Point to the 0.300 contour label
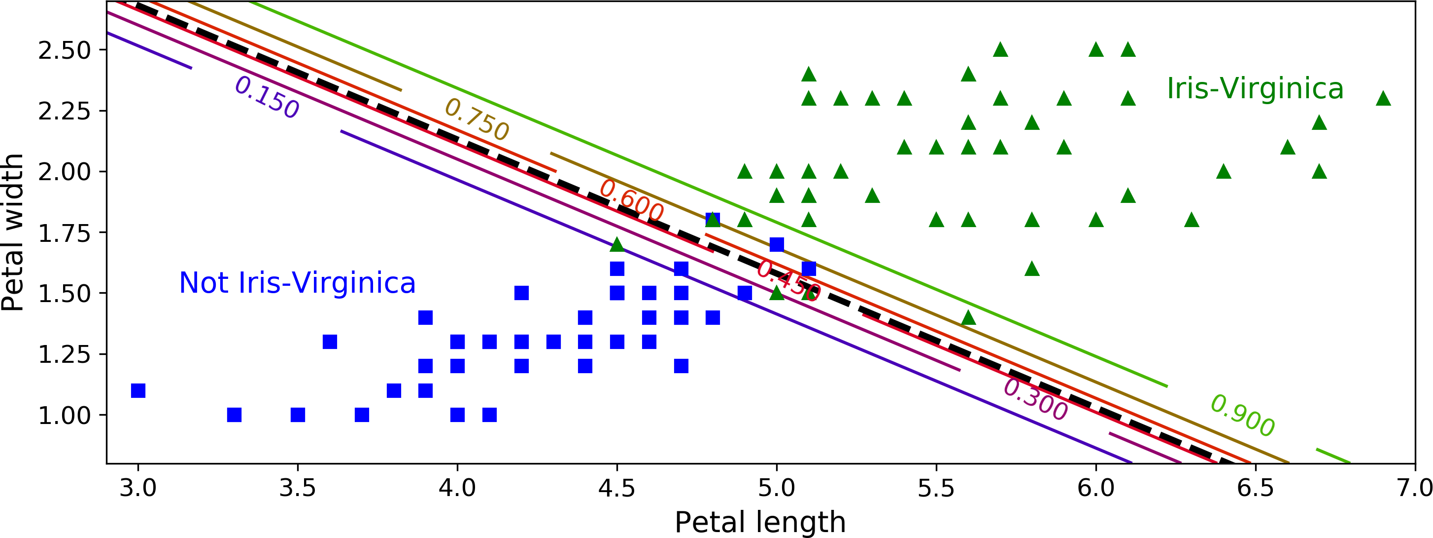point(1036,400)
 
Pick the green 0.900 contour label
point(1243,416)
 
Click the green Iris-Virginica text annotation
point(1255,88)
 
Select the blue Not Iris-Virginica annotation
point(297,283)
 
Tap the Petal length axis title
point(760,522)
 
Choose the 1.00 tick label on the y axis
point(64,416)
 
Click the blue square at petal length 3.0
point(138,390)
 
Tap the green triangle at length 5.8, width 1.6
point(1032,269)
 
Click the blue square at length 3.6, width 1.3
point(330,342)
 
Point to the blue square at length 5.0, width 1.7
point(777,244)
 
